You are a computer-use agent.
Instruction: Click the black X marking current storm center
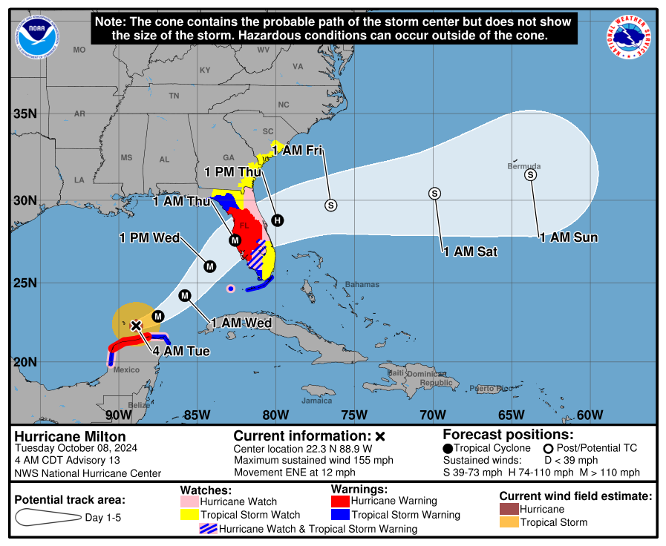click(x=136, y=325)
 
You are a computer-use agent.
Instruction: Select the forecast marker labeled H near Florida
click(x=277, y=220)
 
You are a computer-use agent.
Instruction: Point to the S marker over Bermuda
click(x=530, y=174)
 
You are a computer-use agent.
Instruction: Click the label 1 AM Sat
click(x=470, y=252)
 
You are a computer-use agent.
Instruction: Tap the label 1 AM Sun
click(x=568, y=237)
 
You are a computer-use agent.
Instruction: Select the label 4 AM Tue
click(x=182, y=351)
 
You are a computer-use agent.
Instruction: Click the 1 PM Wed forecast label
click(x=150, y=237)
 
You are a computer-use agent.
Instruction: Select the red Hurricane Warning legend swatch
click(x=340, y=501)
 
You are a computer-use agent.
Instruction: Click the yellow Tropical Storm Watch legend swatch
click(x=190, y=514)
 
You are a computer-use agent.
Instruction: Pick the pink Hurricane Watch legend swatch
click(x=190, y=501)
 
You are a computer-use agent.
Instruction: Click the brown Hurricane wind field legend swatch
click(x=509, y=509)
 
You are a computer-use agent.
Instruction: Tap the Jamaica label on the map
click(x=316, y=401)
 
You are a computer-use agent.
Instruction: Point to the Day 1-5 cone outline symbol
click(x=46, y=517)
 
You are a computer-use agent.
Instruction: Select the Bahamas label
click(x=362, y=284)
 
